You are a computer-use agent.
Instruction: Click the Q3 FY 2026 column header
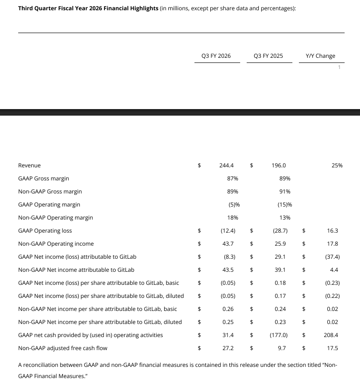tap(216, 56)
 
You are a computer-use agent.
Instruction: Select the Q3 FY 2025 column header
tap(268, 56)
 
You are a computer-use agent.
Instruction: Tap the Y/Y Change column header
tap(320, 56)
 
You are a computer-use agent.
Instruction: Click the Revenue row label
tap(29, 165)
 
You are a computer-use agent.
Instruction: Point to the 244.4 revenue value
tap(226, 165)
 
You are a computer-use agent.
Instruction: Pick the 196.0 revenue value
tap(278, 165)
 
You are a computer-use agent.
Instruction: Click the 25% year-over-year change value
tap(337, 165)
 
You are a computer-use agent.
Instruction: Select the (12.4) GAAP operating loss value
tap(228, 231)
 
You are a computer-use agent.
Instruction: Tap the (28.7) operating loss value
tap(280, 231)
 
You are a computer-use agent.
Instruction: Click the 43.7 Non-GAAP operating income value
tap(228, 244)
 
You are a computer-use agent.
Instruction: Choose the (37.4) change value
tap(332, 257)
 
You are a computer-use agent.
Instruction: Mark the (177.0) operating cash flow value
tap(279, 335)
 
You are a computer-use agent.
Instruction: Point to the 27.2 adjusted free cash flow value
tap(228, 348)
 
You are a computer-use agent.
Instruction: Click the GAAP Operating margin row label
tap(49, 205)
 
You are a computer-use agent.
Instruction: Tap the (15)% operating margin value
tap(284, 205)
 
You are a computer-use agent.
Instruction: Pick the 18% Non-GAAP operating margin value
tap(233, 218)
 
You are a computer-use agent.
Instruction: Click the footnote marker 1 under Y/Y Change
tap(339, 67)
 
